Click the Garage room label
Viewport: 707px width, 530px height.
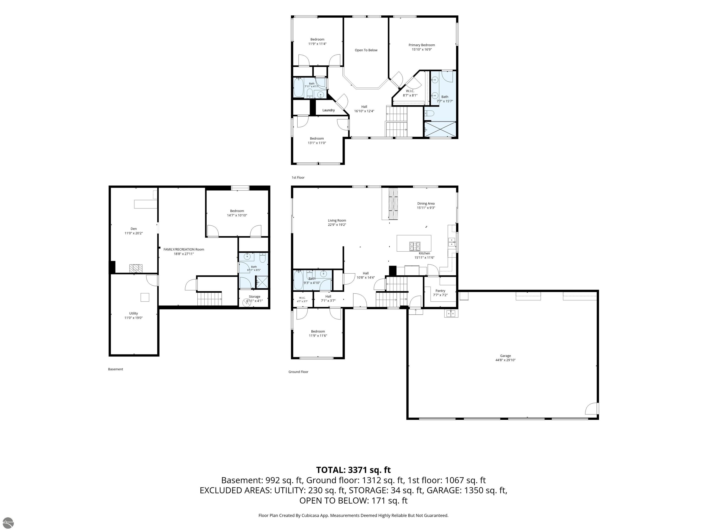tap(505, 356)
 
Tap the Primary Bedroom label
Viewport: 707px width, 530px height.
tap(422, 45)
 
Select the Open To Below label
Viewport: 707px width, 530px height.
tap(366, 50)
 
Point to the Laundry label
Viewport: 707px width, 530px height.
tap(329, 110)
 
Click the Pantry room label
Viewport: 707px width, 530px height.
tap(440, 291)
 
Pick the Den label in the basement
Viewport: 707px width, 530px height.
tap(134, 229)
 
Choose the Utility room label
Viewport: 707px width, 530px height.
tap(134, 313)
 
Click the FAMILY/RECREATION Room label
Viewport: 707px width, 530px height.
tap(184, 250)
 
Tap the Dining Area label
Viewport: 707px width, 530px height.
tap(426, 204)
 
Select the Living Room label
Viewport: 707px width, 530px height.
tap(337, 220)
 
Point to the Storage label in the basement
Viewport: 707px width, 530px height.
tap(254, 297)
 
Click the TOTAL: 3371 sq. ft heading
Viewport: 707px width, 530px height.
tap(353, 470)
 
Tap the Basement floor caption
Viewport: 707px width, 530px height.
tap(115, 369)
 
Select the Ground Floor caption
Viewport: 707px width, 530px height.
tap(298, 372)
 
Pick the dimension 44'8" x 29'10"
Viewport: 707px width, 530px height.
tap(505, 360)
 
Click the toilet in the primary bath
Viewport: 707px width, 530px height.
tap(429, 113)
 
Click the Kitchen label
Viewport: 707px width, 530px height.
tap(424, 253)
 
